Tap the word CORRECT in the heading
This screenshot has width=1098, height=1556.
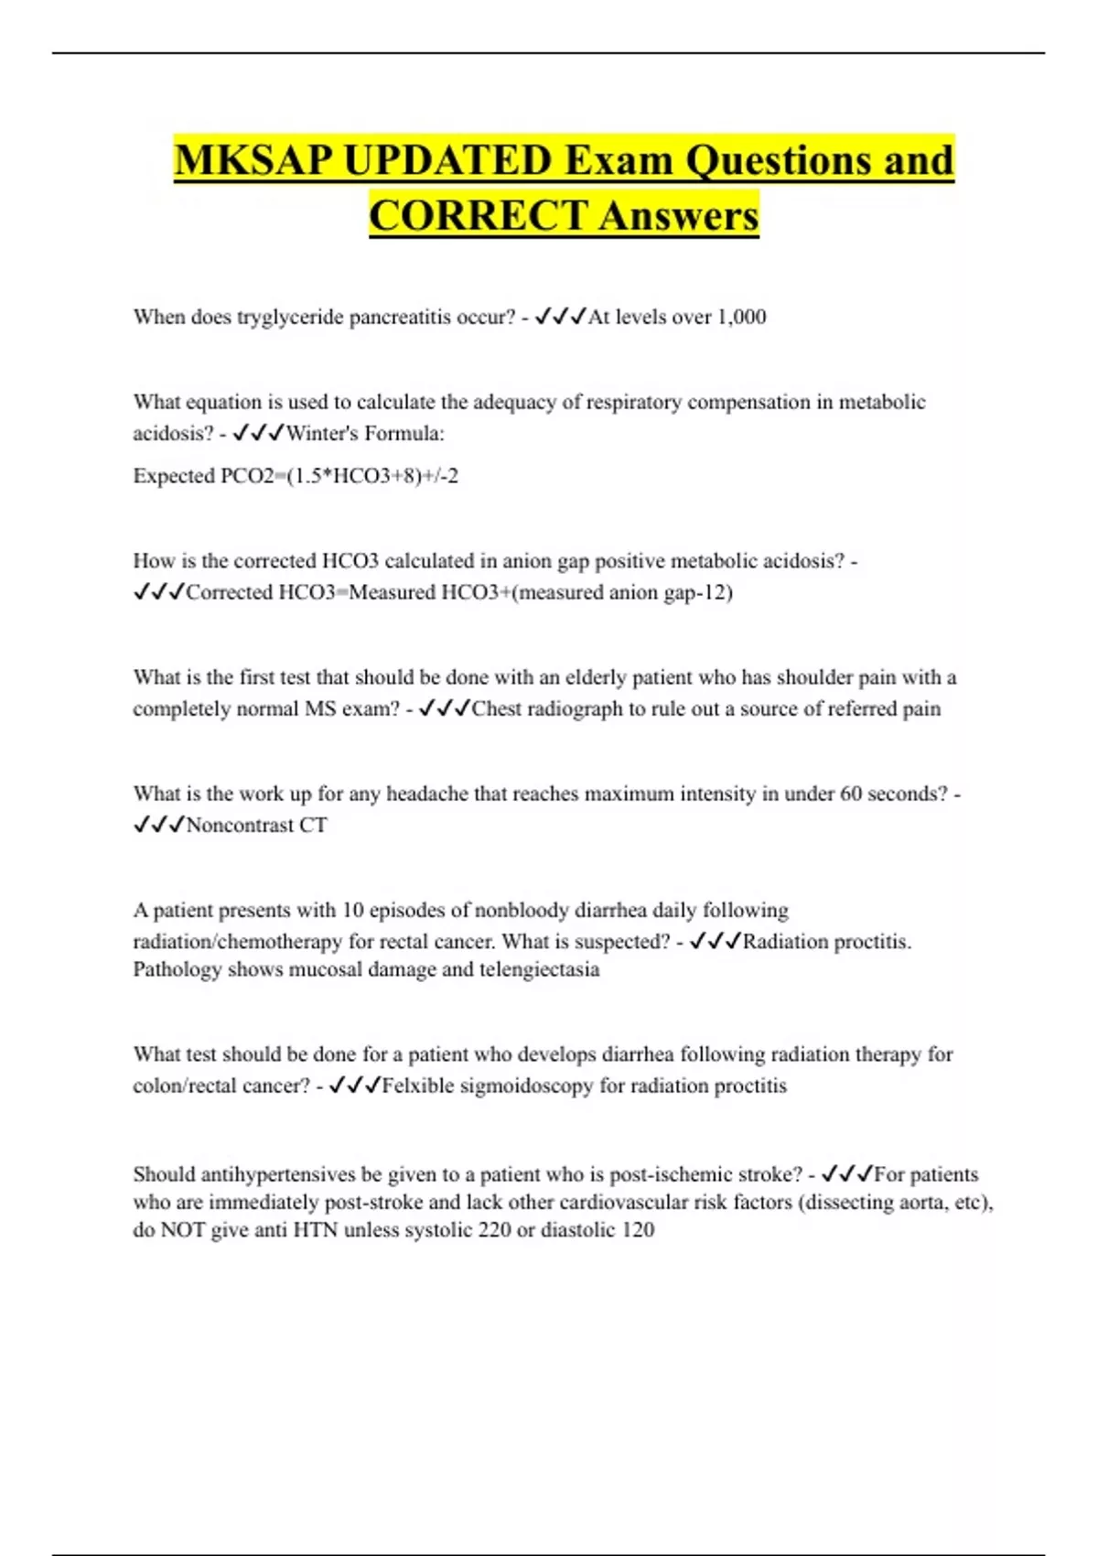[478, 216]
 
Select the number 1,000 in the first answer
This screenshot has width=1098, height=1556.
[741, 317]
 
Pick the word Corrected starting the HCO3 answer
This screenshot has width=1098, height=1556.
[230, 592]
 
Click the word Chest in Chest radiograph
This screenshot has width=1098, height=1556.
[496, 708]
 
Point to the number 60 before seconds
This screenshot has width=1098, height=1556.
[851, 794]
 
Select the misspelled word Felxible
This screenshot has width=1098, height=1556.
[417, 1086]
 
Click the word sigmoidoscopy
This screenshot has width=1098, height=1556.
[526, 1086]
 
